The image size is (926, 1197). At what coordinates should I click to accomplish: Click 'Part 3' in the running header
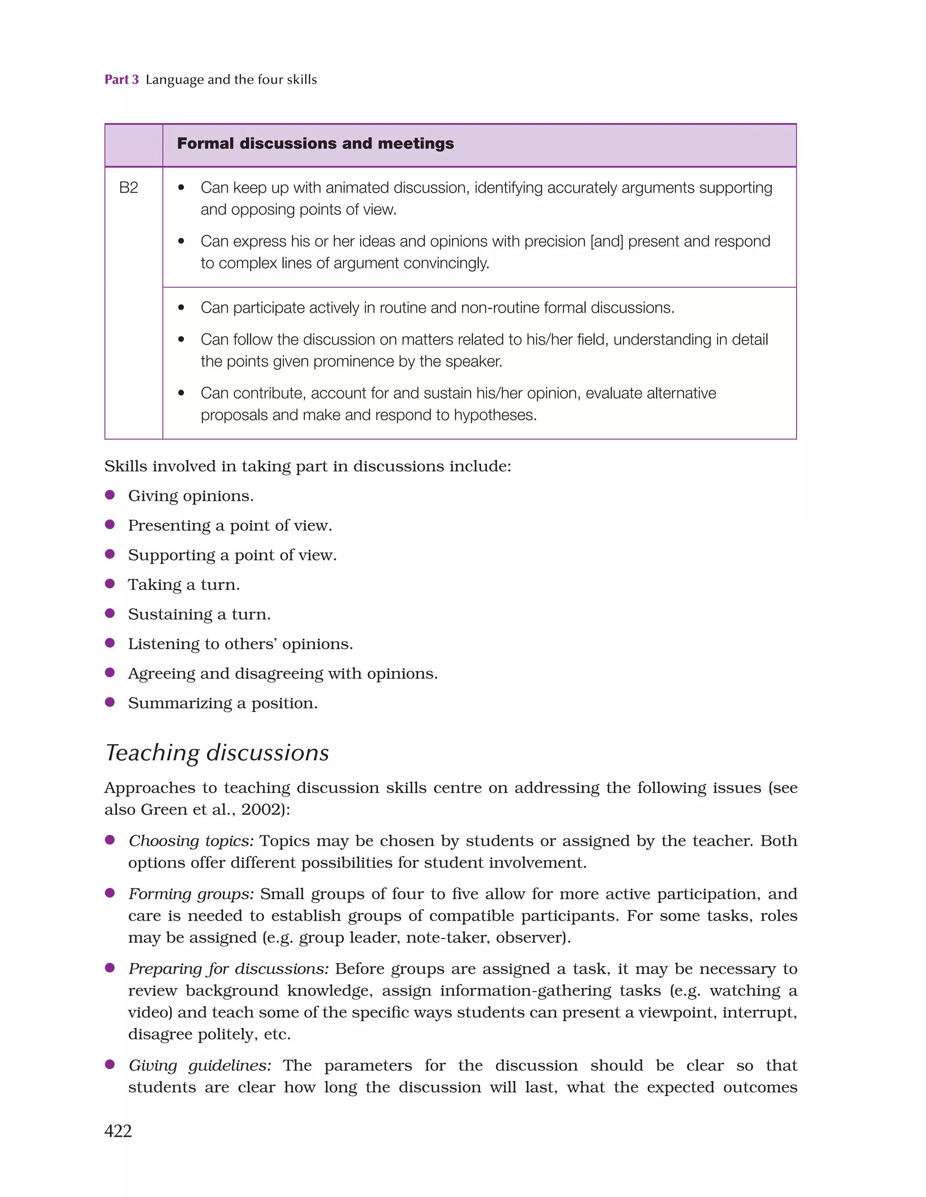click(122, 80)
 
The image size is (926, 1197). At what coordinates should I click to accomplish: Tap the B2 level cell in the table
click(128, 188)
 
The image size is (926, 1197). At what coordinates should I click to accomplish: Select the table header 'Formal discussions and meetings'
click(315, 143)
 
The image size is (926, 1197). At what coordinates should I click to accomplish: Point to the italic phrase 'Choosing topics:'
click(191, 841)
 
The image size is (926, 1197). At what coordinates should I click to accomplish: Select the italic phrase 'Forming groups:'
click(191, 894)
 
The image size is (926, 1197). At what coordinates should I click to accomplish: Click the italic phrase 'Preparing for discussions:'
click(228, 969)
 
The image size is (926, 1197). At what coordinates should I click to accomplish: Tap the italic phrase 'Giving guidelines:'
click(199, 1065)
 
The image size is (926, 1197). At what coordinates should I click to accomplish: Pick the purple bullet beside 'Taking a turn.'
click(109, 584)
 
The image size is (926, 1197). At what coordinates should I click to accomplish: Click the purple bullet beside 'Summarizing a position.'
click(109, 702)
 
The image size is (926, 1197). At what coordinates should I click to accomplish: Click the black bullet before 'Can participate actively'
click(181, 308)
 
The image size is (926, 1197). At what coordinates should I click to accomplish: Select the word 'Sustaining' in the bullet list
click(170, 614)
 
